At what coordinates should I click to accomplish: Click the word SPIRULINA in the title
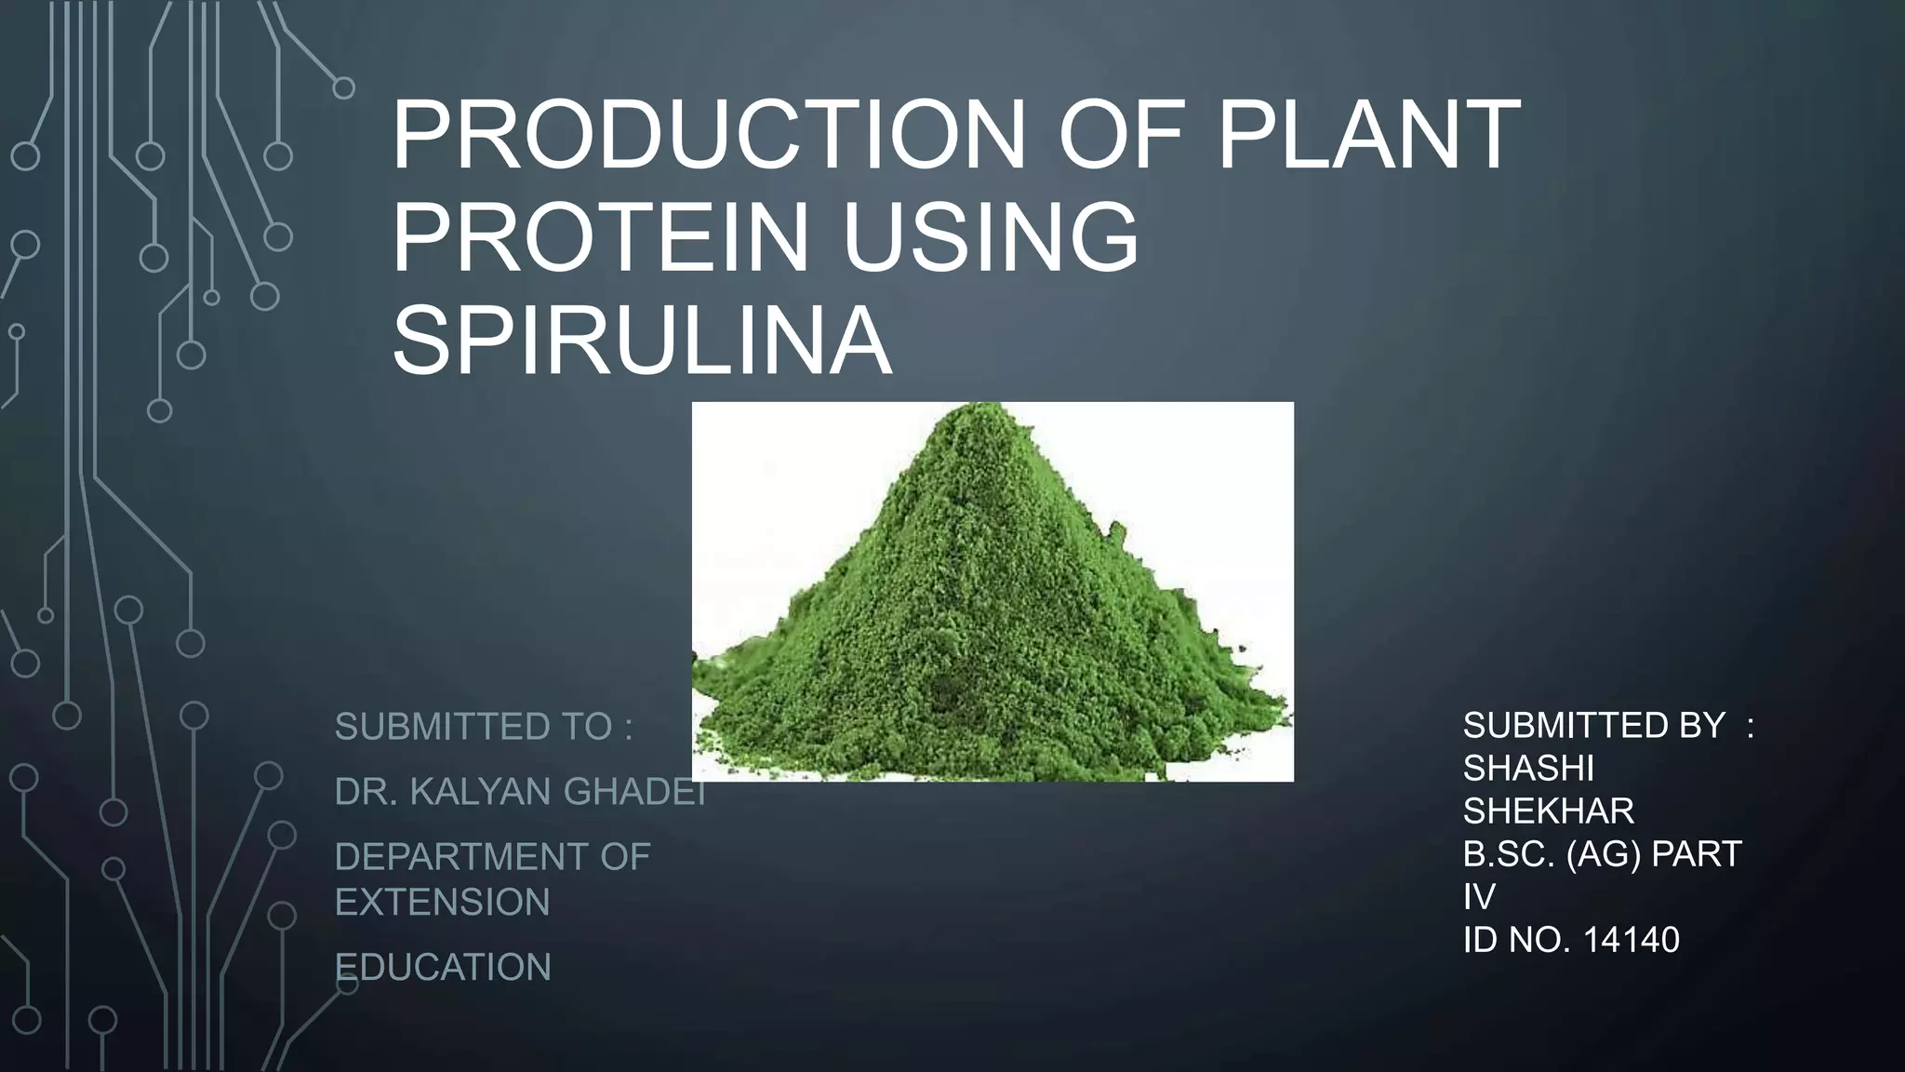point(642,340)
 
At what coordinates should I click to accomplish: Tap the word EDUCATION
point(443,968)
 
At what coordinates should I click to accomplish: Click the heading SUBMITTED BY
point(1593,725)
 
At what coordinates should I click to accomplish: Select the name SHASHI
point(1528,769)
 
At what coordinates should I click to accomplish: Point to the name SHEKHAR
point(1548,811)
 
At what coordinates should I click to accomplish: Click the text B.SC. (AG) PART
point(1601,854)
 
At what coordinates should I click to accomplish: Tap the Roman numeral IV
point(1479,897)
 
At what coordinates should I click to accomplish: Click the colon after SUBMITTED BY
point(1751,727)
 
